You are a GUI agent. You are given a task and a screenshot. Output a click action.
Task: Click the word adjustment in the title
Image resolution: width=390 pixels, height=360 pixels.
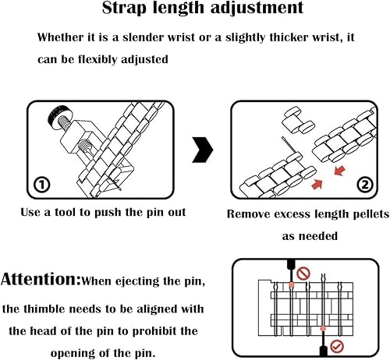point(257,8)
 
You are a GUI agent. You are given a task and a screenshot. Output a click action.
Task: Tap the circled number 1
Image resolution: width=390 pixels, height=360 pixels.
point(41,185)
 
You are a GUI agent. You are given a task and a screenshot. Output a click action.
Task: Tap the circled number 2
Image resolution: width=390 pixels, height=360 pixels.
point(365,185)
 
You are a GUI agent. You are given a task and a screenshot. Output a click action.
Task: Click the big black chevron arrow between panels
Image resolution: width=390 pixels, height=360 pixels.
point(203,150)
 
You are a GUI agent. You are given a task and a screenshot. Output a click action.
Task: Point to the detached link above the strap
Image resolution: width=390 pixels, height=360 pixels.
point(299,120)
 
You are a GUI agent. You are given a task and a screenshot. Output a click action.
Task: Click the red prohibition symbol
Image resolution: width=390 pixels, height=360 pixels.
point(303,274)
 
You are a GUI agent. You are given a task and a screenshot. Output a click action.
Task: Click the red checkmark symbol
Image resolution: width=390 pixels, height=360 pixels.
point(337,346)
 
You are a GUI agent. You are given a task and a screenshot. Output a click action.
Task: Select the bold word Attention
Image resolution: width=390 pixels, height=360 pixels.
point(41,279)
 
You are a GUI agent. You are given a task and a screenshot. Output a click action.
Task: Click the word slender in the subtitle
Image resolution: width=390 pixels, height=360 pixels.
point(144,37)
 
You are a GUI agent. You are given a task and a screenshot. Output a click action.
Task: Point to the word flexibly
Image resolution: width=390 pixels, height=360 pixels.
point(97,59)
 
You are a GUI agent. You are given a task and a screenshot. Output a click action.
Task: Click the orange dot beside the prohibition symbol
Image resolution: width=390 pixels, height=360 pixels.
point(292,284)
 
